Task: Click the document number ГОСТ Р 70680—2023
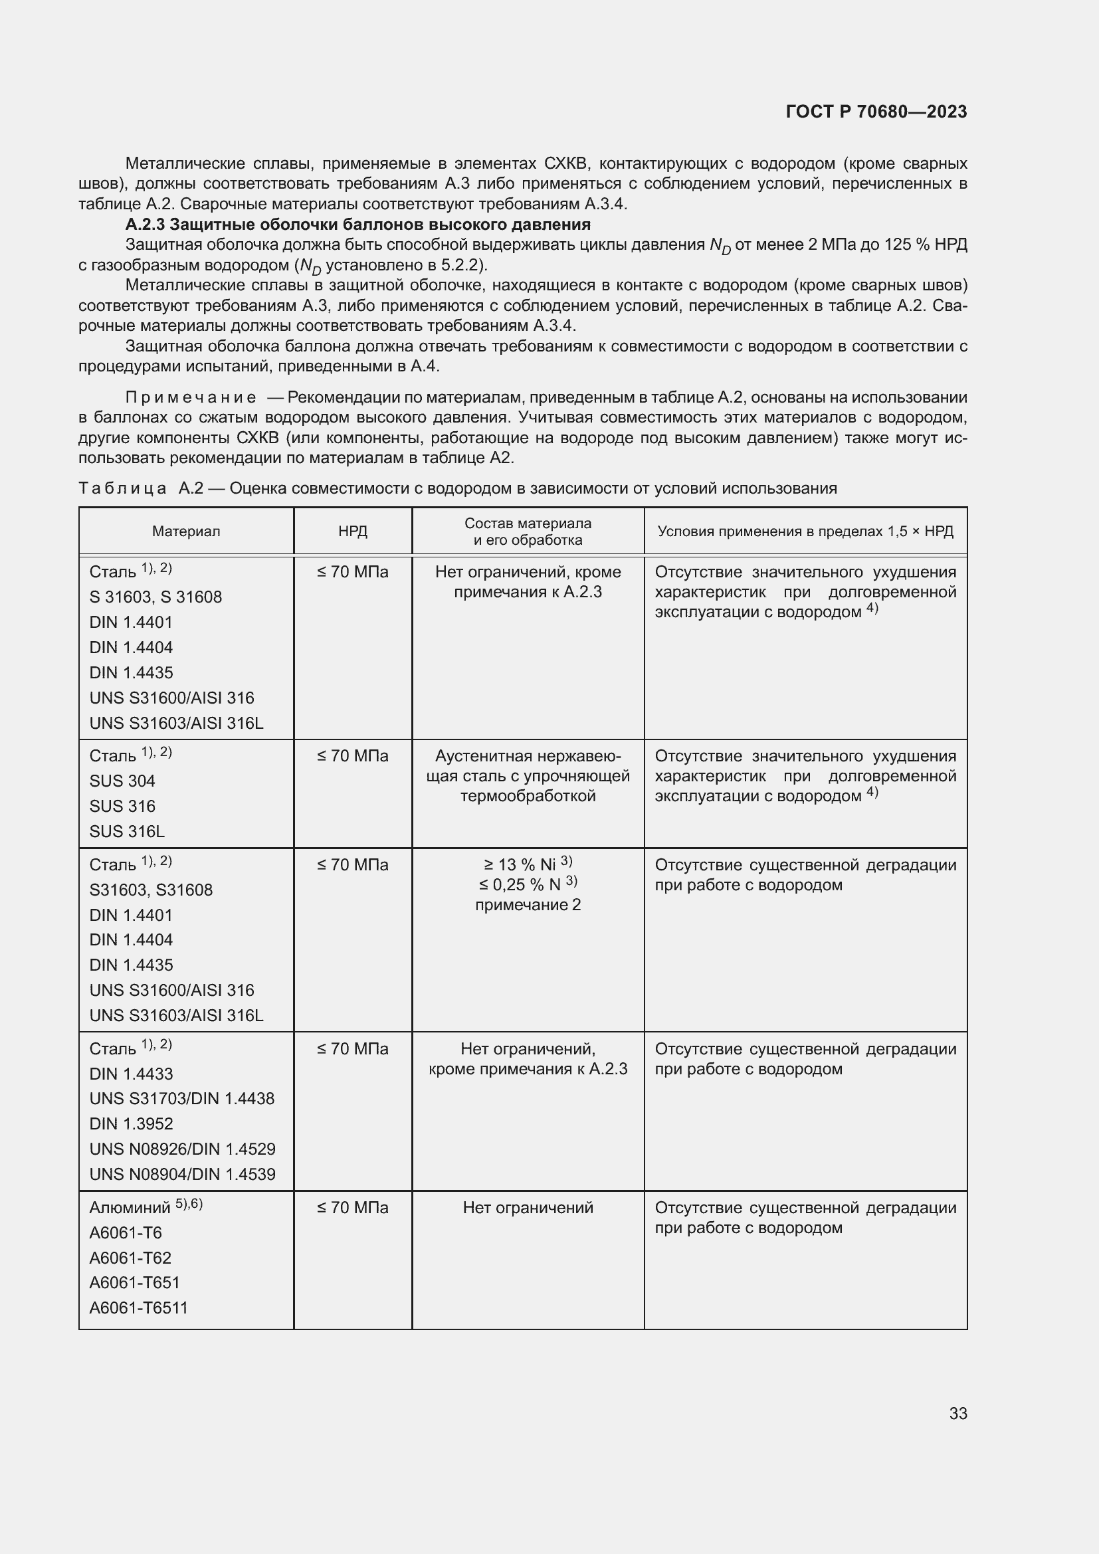(x=876, y=112)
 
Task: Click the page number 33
(x=957, y=1413)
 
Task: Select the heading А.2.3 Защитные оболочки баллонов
(x=357, y=224)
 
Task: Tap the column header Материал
(x=185, y=532)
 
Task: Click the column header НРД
(x=353, y=532)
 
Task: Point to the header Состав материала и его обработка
(x=528, y=532)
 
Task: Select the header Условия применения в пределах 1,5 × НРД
(x=805, y=532)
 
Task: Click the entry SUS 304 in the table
(x=122, y=781)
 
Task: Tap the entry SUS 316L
(x=126, y=831)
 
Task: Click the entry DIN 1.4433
(x=132, y=1074)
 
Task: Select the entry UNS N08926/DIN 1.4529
(x=182, y=1149)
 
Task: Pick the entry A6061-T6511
(x=139, y=1308)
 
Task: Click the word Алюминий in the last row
(x=130, y=1207)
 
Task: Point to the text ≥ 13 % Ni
(x=520, y=864)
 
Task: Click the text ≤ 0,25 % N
(x=520, y=884)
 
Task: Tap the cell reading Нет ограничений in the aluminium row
(x=528, y=1207)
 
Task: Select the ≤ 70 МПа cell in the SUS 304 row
(x=353, y=756)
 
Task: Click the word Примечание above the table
(x=190, y=397)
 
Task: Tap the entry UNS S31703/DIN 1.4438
(x=182, y=1098)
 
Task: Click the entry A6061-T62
(x=131, y=1258)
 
